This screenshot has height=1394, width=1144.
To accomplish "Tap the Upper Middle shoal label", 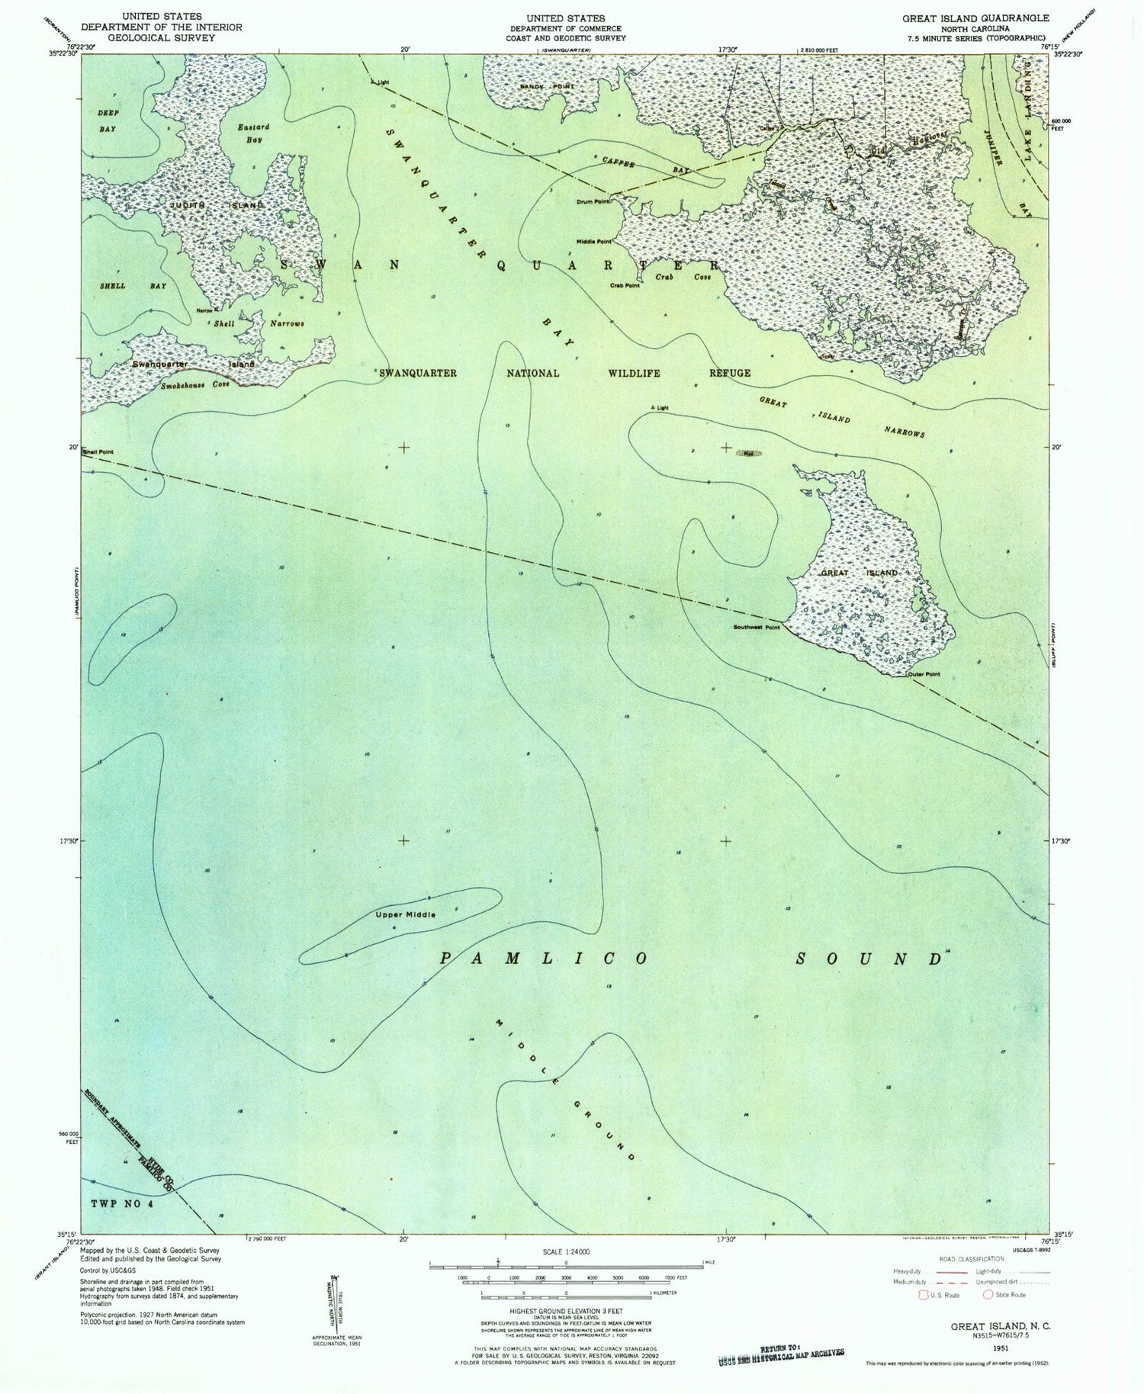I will (405, 914).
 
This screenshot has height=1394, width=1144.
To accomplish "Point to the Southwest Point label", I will (757, 628).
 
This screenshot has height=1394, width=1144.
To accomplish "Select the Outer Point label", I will (924, 674).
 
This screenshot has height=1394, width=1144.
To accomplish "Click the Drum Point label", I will (593, 202).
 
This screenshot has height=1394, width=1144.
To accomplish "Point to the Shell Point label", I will (98, 452).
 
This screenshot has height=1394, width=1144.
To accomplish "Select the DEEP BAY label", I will (108, 121).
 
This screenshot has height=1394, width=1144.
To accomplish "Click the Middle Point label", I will (594, 243).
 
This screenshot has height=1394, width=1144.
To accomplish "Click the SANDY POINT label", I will (547, 88).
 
